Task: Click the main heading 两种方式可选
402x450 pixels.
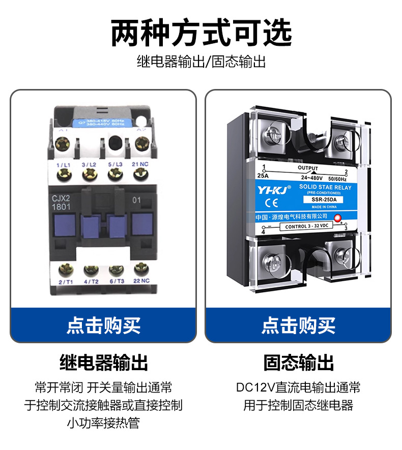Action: point(201,33)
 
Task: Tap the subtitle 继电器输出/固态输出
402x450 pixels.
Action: point(201,63)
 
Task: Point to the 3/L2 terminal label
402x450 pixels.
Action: point(90,164)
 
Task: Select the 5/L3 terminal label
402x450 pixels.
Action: point(115,164)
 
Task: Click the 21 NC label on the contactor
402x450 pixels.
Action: point(140,164)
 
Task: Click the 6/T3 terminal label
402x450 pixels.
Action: point(116,281)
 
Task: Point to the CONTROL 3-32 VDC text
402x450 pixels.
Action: point(307,227)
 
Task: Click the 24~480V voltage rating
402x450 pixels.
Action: point(311,178)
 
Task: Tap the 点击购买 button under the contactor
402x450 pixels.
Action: point(103,325)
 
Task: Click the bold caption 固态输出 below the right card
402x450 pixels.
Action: point(299,363)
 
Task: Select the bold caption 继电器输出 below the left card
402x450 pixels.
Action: point(103,363)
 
